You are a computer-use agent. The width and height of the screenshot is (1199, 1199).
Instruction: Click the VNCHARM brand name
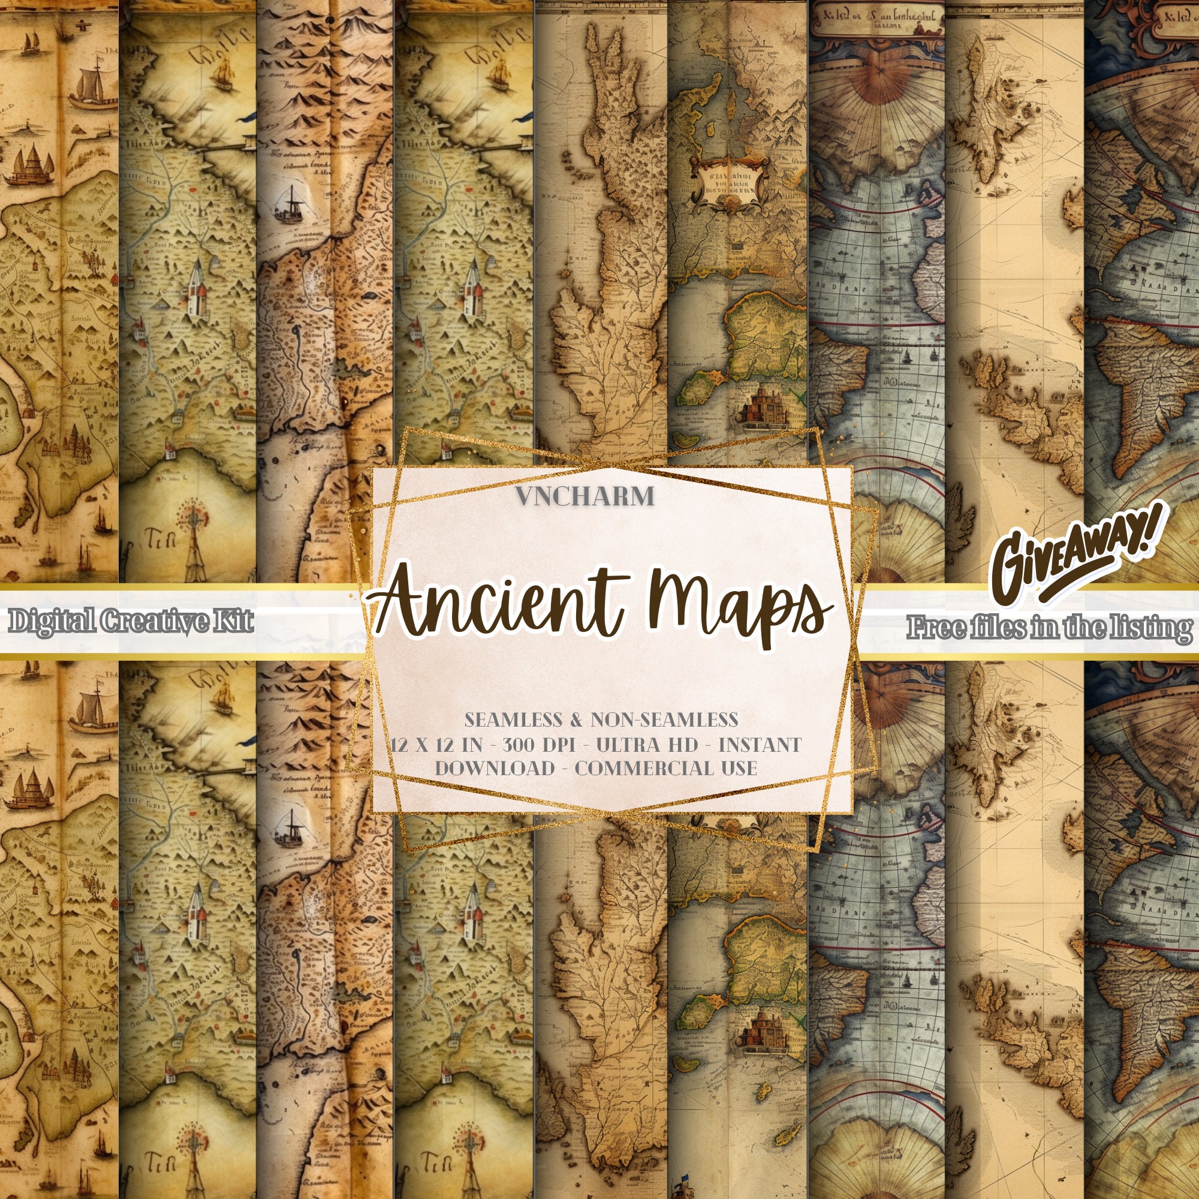[585, 496]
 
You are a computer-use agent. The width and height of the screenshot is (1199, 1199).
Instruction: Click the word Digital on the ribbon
[52, 621]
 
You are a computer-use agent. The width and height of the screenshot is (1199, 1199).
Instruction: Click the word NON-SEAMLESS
[664, 719]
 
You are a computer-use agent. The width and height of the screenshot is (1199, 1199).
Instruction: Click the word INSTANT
[760, 744]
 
